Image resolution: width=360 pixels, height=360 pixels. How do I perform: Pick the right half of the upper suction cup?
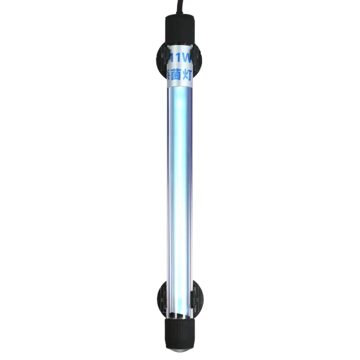(198, 62)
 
